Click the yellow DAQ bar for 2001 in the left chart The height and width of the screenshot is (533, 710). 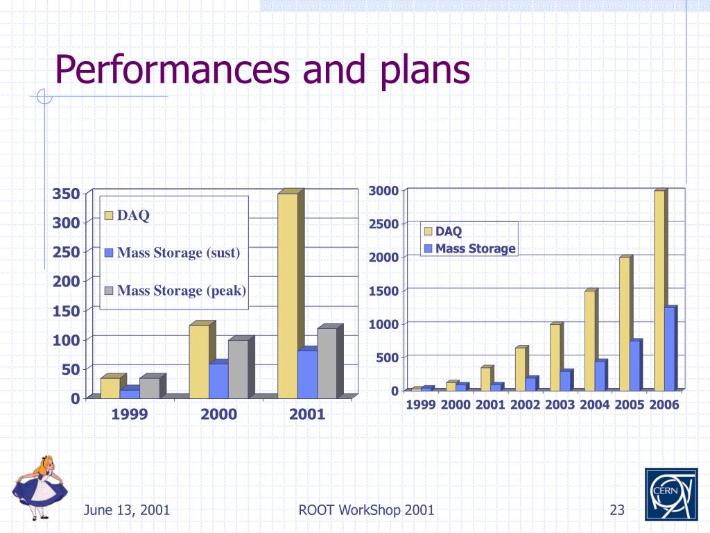[288, 295]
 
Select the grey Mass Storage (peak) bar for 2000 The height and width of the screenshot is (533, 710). [238, 369]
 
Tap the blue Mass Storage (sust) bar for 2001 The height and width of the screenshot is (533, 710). [307, 374]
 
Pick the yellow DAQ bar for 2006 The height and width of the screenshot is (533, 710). [659, 290]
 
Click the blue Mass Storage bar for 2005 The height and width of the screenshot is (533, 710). [635, 366]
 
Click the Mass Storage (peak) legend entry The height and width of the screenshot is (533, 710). [176, 290]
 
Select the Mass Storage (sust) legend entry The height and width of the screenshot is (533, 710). [173, 253]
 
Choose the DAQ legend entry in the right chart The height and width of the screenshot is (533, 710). [443, 231]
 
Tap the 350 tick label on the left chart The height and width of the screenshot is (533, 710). [67, 194]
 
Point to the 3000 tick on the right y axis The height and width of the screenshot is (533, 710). [383, 191]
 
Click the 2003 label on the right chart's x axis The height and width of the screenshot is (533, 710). [560, 405]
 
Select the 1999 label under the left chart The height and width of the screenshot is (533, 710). [130, 415]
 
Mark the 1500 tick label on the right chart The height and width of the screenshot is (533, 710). [383, 291]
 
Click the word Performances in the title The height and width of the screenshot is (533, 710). [173, 70]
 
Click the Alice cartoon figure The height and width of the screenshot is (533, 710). [40, 487]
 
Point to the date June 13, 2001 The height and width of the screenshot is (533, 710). [127, 511]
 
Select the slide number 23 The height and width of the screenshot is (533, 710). [617, 511]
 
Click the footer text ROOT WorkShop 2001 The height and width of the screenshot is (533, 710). [366, 511]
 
